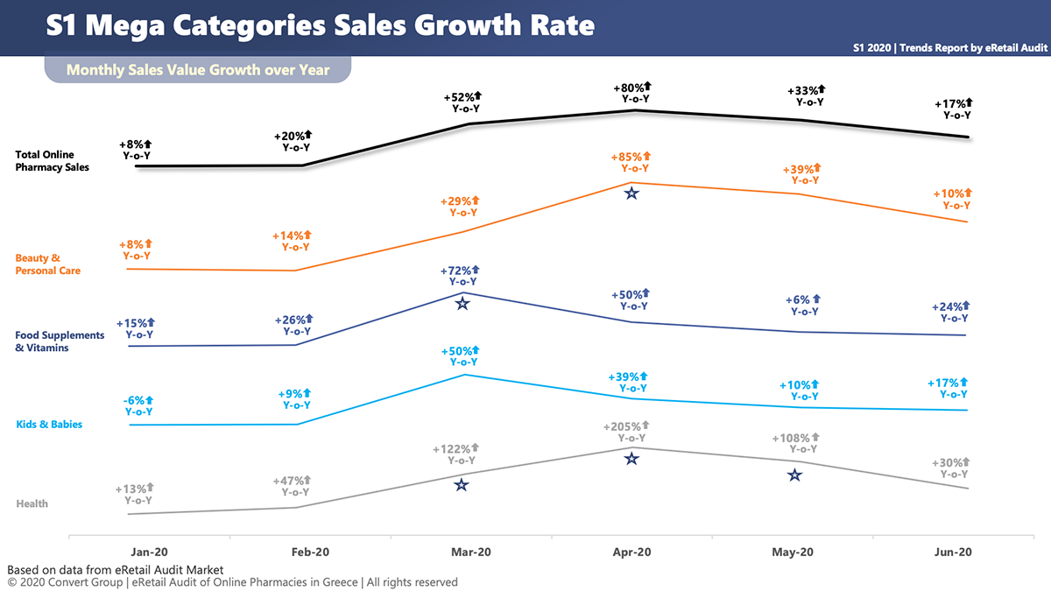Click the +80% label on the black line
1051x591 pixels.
tap(631, 88)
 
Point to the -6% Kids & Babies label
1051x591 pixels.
tap(136, 400)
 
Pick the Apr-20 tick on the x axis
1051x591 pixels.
tap(631, 552)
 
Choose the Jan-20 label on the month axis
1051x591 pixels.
tap(149, 552)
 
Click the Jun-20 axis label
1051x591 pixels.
tap(953, 552)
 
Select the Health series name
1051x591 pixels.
tap(32, 503)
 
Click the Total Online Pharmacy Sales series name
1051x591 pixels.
tap(52, 160)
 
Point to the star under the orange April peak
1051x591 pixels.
tap(631, 193)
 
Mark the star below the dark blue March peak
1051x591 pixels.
tap(462, 303)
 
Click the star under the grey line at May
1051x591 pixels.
tap(794, 475)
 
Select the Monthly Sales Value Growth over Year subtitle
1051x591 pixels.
tap(198, 69)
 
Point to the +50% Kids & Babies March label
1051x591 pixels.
tap(461, 351)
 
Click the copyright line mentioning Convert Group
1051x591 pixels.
tap(232, 582)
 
